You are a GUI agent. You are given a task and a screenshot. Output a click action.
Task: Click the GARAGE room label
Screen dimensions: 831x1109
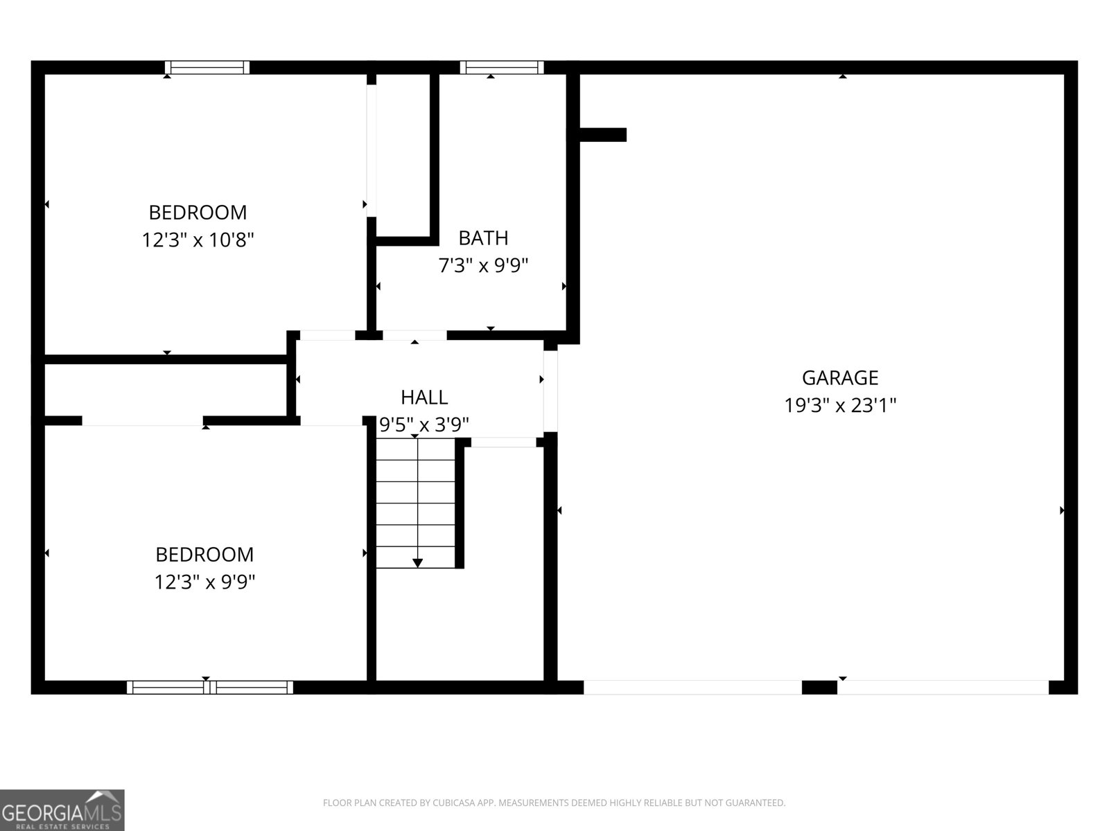840,377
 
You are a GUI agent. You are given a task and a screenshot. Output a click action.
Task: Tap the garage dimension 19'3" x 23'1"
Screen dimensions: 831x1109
840,405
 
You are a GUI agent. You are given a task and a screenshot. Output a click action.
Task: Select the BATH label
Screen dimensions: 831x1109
483,238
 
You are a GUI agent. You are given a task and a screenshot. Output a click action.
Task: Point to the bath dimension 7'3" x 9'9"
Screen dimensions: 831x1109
483,265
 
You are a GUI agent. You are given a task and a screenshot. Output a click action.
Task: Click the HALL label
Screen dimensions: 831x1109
424,397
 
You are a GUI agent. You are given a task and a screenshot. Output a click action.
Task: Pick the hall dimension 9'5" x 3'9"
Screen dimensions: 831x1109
424,424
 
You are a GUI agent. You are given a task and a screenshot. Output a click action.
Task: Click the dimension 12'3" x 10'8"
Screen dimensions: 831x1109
198,240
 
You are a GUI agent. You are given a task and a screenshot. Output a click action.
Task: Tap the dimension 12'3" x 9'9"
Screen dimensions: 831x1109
204,582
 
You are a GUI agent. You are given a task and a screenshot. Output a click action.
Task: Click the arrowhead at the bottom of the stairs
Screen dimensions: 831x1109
417,563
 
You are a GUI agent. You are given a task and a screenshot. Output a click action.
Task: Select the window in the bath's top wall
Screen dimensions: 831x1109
501,67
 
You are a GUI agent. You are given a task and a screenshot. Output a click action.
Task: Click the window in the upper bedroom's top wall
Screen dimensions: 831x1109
207,67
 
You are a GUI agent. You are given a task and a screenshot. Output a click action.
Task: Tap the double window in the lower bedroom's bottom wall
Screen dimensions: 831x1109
210,687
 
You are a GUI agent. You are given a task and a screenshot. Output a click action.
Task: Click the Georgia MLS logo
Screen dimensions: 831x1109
62,810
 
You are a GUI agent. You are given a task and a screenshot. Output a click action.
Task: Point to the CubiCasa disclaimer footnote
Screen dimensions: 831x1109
554,803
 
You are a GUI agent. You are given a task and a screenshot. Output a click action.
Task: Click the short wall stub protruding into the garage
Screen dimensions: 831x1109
602,134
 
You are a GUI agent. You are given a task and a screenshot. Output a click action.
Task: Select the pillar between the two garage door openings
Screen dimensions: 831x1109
819,687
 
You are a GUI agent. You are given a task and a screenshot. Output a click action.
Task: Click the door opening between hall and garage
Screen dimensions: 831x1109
550,391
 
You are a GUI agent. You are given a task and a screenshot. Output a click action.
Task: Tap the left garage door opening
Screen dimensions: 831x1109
692,687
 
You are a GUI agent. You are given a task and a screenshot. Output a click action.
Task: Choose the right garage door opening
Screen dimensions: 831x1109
943,687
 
